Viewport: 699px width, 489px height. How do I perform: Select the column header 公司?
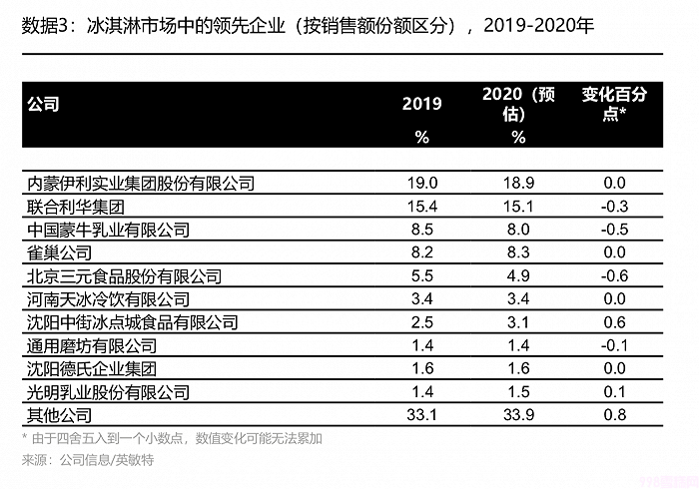43,103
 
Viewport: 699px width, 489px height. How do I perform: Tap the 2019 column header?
421,104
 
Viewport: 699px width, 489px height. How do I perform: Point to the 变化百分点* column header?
615,103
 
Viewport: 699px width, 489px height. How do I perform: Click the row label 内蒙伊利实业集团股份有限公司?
140,183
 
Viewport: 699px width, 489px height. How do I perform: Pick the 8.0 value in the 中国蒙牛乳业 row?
518,230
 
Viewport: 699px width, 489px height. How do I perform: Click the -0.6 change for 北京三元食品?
615,275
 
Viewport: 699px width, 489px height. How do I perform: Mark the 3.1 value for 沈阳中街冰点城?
518,321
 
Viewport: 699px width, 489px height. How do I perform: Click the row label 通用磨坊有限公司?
92,345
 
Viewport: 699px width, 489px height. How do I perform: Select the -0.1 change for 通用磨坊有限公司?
615,345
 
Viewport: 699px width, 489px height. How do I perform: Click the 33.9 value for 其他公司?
518,414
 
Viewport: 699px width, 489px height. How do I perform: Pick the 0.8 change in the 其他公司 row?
615,414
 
